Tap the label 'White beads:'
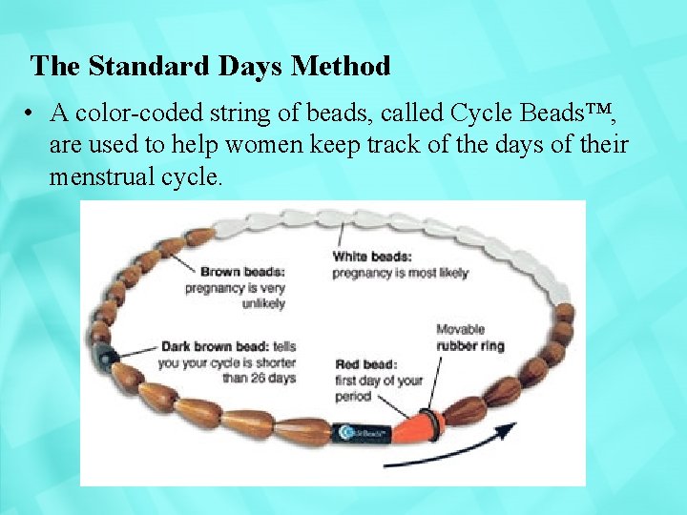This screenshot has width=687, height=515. click(372, 256)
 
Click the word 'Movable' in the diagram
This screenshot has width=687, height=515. click(461, 329)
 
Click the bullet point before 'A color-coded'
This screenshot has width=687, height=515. click(32, 113)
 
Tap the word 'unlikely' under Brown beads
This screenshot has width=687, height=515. click(263, 303)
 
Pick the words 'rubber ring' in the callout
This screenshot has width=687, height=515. click(470, 345)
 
